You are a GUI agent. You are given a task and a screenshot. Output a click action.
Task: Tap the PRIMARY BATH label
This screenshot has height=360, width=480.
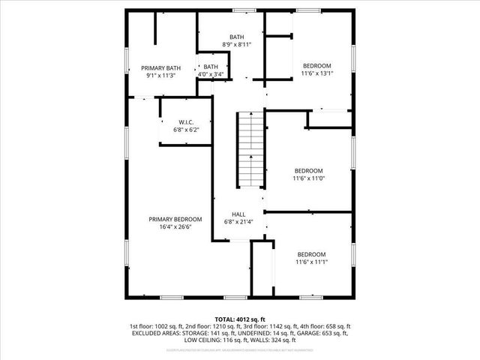(160, 67)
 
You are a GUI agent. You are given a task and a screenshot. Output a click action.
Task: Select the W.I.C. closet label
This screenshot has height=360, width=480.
(187, 121)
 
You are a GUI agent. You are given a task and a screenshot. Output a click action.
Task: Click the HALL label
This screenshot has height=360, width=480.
(238, 214)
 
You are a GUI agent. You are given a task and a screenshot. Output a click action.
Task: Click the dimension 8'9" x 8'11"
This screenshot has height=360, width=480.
(236, 45)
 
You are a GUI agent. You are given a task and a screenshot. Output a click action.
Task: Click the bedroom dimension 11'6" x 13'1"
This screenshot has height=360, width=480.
(316, 73)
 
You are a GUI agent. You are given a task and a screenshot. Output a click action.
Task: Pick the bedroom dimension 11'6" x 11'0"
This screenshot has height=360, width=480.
(308, 178)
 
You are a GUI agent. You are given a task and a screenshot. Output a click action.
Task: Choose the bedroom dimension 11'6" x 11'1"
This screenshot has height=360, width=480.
(311, 262)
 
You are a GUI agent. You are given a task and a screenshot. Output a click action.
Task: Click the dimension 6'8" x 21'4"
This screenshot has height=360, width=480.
(238, 222)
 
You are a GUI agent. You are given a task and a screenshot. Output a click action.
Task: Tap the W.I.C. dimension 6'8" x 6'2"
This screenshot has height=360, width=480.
(187, 129)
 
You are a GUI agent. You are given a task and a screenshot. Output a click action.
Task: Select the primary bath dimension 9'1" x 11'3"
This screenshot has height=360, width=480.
(160, 75)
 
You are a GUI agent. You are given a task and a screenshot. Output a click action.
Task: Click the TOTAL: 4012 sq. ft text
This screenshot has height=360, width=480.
(239, 319)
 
